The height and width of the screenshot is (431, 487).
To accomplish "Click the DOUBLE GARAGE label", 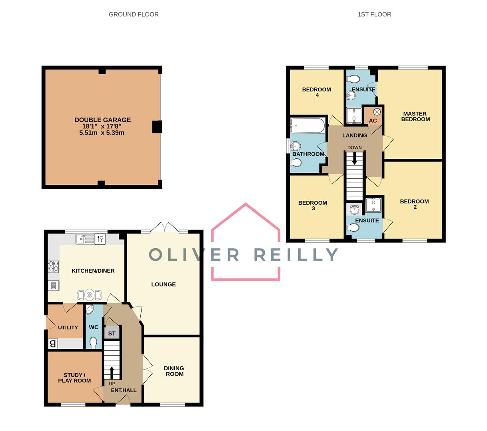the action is (x=103, y=120).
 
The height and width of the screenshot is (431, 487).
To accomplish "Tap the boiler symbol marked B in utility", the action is (x=53, y=344).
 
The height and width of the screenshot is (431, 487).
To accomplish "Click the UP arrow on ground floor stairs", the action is (x=112, y=373).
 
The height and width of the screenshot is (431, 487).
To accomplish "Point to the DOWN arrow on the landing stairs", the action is (x=354, y=158).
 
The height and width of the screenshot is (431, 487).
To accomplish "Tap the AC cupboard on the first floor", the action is (x=372, y=116).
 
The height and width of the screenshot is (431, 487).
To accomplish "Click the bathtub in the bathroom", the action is (x=308, y=125).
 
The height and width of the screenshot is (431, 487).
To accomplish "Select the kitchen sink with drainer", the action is (x=85, y=239).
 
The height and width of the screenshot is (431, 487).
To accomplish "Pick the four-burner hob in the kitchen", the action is (x=53, y=266).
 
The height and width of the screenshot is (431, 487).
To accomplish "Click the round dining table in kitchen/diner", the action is (x=90, y=295).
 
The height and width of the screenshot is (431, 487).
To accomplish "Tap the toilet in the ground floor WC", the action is (x=93, y=343).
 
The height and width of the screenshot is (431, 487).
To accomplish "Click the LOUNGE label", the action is (x=164, y=285).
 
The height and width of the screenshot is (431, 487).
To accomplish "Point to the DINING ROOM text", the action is (x=174, y=371).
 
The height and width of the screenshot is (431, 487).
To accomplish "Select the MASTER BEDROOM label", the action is (x=415, y=117).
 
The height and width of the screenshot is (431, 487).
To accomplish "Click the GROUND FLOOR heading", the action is (x=134, y=14).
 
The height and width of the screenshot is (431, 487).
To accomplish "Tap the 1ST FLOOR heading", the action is (x=374, y=14).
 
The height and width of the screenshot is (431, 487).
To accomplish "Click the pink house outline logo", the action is (x=245, y=241).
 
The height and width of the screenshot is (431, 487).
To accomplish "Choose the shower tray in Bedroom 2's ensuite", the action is (x=373, y=206).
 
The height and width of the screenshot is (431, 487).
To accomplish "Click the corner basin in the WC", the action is (x=90, y=309).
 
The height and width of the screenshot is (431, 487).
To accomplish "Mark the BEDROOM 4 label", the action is (x=317, y=92).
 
